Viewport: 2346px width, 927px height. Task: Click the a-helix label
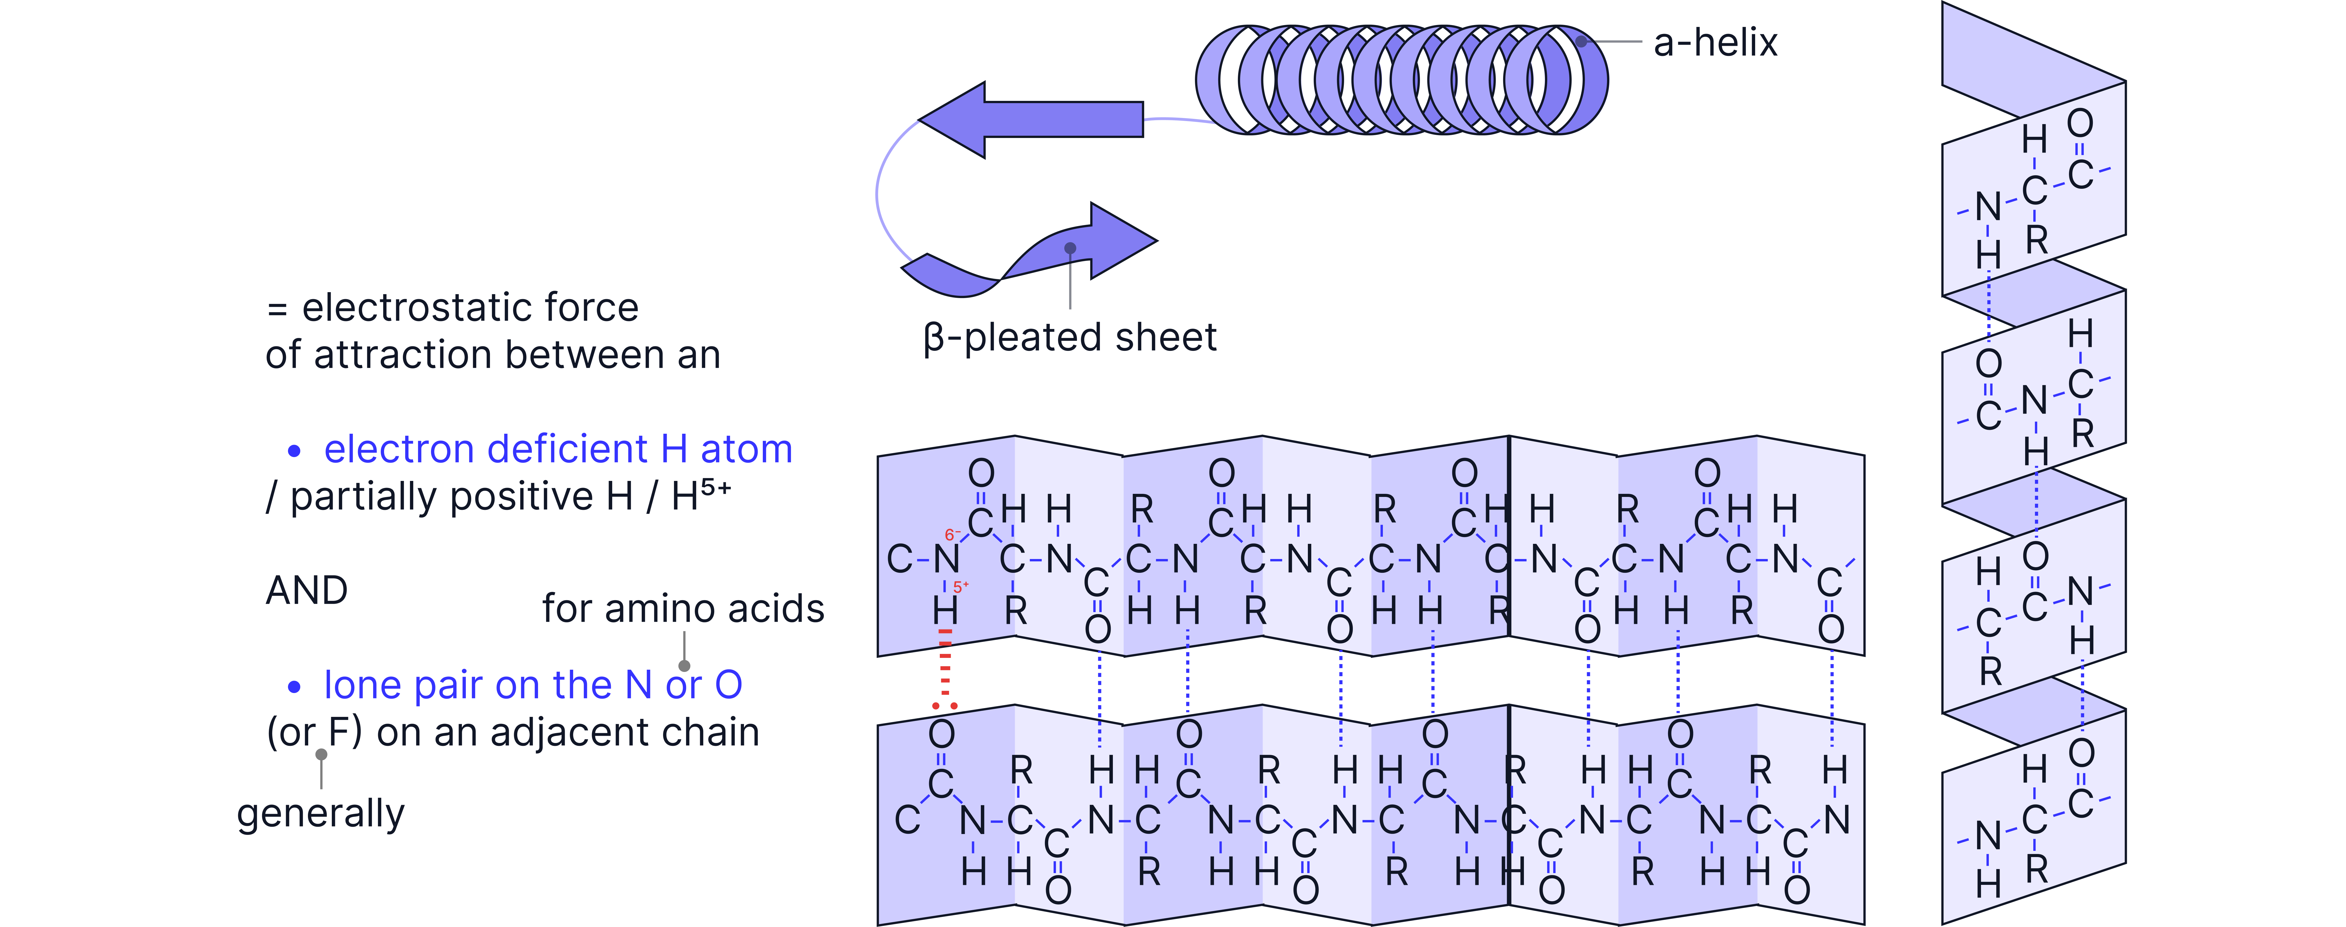point(1715,43)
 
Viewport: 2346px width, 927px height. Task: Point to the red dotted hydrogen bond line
point(945,669)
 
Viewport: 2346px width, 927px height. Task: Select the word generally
point(321,813)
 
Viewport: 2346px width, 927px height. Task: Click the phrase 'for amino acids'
point(683,608)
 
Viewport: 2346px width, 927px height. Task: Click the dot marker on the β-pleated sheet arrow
point(1070,248)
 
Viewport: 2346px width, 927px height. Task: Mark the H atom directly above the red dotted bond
point(945,610)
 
